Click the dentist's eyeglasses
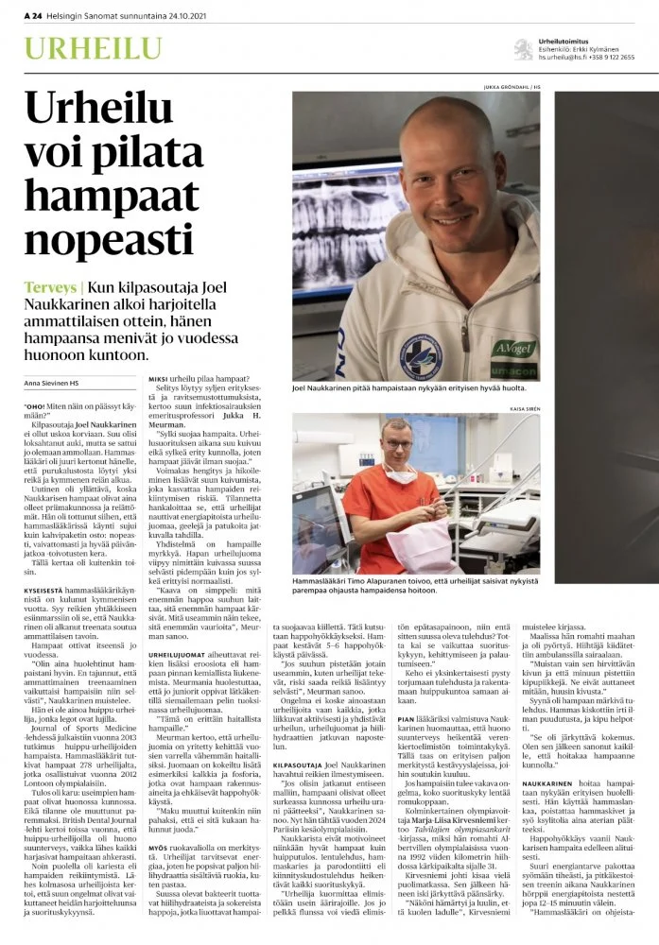pos(400,444)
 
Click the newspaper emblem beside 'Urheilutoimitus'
pos(521,48)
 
